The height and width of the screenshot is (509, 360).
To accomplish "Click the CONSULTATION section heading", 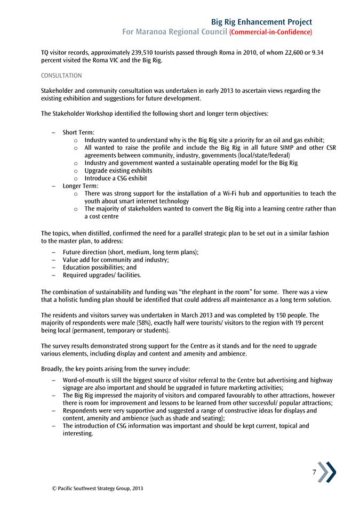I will pos(61,76).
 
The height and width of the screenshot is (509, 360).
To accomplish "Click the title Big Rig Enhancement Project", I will pos(261,22).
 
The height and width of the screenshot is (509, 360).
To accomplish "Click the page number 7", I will pos(315,472).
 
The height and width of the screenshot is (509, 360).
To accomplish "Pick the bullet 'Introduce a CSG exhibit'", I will pos(115,178).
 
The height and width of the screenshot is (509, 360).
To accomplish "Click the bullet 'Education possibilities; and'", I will pos(99,268).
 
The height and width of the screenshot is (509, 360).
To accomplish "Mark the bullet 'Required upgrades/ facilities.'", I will pos(102,275).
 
